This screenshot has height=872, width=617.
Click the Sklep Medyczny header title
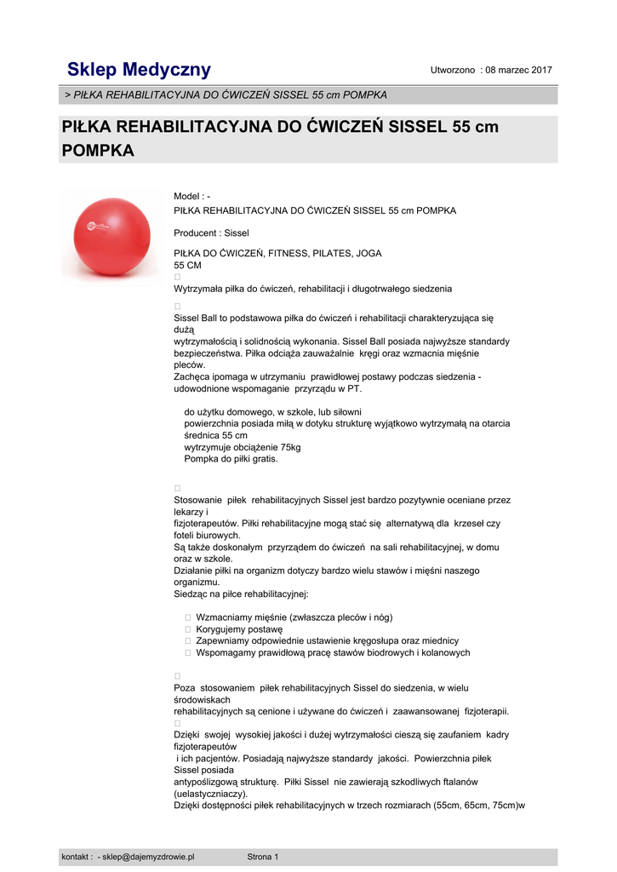point(139,70)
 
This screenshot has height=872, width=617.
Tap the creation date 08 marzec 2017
point(518,70)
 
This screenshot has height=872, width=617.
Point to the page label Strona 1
point(262,857)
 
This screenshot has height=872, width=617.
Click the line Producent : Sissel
point(211,232)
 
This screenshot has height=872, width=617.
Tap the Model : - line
point(191,197)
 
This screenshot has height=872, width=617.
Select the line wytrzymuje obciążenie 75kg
point(242,447)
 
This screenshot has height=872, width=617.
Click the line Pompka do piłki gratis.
point(231,459)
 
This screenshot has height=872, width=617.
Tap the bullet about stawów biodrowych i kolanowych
point(333,653)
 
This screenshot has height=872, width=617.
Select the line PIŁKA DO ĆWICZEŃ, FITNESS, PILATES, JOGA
point(277,253)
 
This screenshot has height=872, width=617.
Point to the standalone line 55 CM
point(187,265)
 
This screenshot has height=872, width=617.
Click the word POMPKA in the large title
point(99,151)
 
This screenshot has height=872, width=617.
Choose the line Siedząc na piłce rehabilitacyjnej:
point(241,594)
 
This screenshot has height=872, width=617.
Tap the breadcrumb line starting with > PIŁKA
point(226,95)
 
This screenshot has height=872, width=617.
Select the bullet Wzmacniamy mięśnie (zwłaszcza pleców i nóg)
point(294,617)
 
